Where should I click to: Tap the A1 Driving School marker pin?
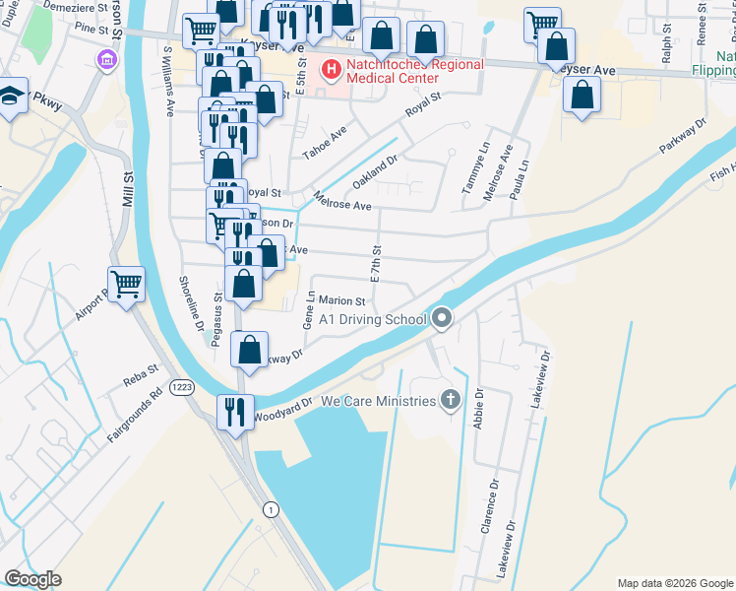click(x=442, y=318)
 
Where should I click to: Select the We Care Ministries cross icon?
click(x=451, y=401)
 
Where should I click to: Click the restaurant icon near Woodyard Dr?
click(x=235, y=411)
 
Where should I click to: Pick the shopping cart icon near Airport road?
click(x=126, y=285)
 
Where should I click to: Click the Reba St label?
click(x=135, y=373)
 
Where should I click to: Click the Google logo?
click(x=32, y=579)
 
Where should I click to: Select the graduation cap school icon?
click(x=11, y=98)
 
